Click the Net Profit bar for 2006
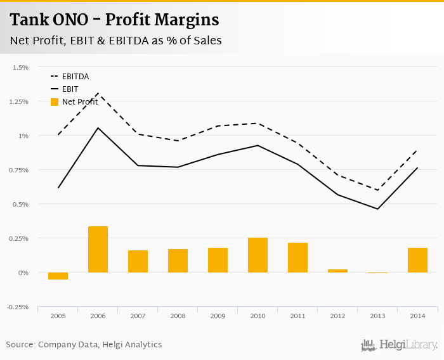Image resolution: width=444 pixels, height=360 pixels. [x=98, y=249]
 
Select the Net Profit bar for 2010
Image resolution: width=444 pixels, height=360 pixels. [x=258, y=255]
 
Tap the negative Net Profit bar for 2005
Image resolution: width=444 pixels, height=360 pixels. [x=58, y=276]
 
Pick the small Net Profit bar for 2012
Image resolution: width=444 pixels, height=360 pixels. [x=337, y=271]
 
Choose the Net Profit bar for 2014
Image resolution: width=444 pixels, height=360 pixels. [x=417, y=260]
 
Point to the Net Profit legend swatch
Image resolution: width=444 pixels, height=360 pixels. [x=55, y=102]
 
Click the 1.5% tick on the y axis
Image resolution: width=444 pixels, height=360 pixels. [x=20, y=67]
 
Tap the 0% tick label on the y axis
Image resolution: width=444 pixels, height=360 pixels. [x=23, y=273]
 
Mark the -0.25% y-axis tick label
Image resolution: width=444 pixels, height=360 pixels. [x=19, y=307]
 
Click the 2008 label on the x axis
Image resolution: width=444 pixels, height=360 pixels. [x=178, y=315]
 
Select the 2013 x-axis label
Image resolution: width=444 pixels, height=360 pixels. [x=377, y=315]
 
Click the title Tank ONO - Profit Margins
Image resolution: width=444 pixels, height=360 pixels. [x=115, y=20]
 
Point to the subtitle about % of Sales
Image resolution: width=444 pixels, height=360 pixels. [x=115, y=41]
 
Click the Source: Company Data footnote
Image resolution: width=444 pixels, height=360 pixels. [x=84, y=345]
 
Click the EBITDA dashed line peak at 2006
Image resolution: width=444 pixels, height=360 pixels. [x=98, y=93]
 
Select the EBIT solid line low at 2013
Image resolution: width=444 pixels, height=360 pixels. [x=377, y=209]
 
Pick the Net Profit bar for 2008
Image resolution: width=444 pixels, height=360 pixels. [x=178, y=260]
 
